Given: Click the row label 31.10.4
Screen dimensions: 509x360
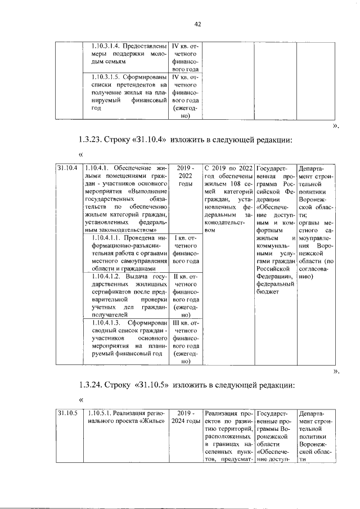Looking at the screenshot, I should [x=66, y=168].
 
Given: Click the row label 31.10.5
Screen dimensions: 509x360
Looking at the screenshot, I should [x=66, y=415].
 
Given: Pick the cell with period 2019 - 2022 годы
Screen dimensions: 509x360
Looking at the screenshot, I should [x=185, y=175].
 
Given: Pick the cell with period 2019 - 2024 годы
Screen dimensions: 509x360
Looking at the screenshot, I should [x=185, y=418].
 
